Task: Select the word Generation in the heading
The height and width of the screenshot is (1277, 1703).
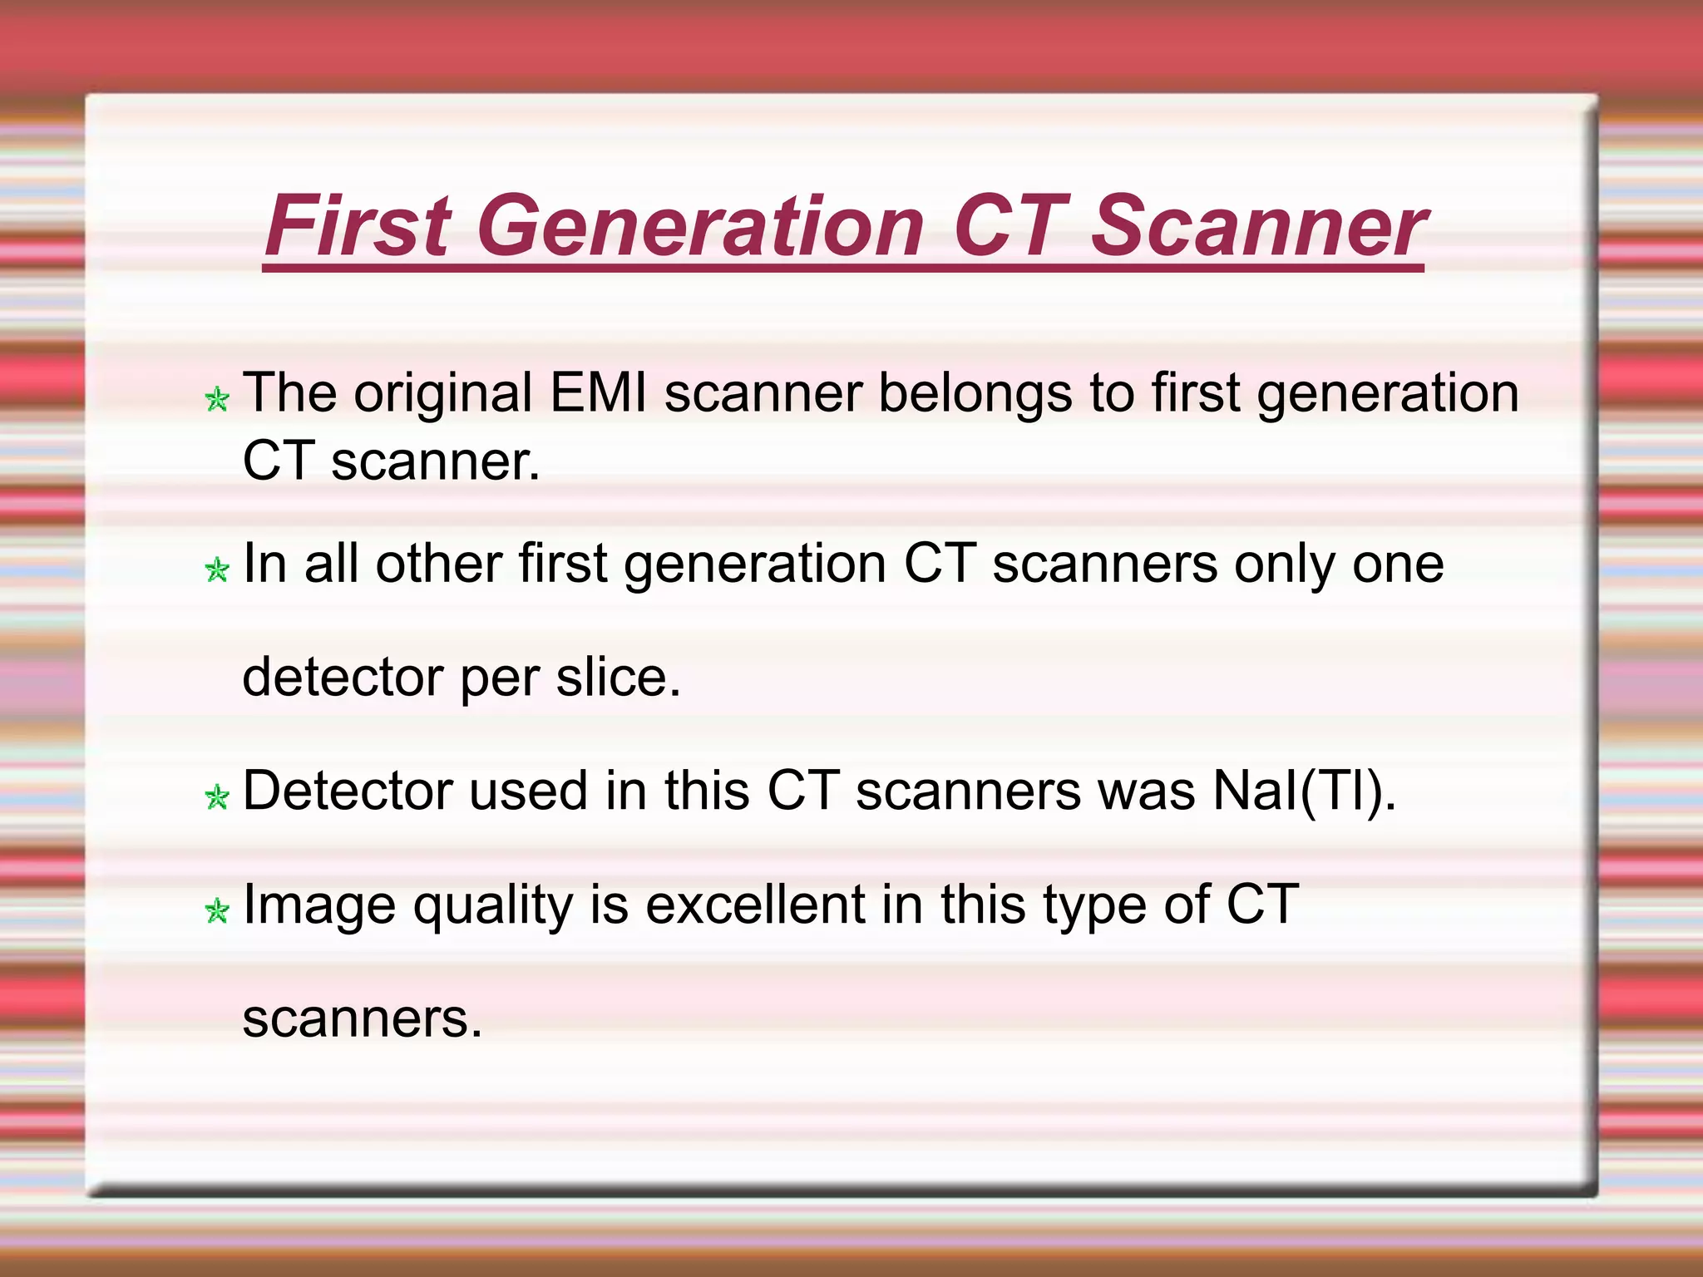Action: (x=700, y=225)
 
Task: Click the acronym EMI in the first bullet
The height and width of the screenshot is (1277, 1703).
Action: (x=598, y=392)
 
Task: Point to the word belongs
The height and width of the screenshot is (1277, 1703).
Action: (x=975, y=392)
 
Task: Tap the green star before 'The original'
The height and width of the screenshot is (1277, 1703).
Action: (x=217, y=400)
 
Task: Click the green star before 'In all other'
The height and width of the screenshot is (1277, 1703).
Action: (x=217, y=570)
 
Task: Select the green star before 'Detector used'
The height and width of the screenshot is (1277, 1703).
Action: (x=217, y=797)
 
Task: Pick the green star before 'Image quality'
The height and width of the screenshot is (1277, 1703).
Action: (x=217, y=911)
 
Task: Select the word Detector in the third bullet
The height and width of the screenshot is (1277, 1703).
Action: (x=347, y=790)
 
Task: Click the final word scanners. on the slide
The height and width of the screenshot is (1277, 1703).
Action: (x=363, y=1018)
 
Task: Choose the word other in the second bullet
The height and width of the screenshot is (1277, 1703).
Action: (x=439, y=564)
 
